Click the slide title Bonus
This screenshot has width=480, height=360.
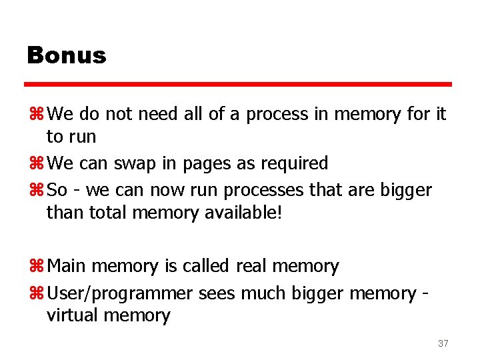point(67,55)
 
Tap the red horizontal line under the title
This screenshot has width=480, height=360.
point(238,85)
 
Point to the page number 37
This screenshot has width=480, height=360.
point(443,343)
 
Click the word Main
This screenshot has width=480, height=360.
point(67,267)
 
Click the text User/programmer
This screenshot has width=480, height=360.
point(121,294)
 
